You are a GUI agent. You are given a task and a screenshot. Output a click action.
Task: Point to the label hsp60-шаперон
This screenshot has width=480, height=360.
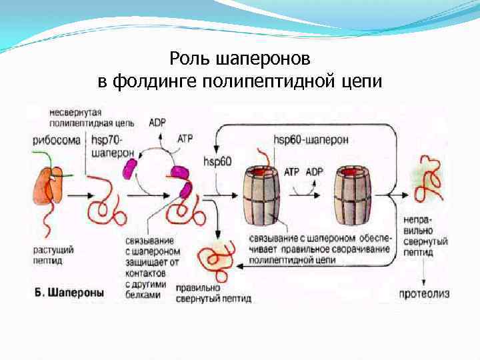click(x=310, y=140)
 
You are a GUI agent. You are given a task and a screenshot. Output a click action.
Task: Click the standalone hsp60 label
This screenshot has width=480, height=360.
click(x=217, y=161)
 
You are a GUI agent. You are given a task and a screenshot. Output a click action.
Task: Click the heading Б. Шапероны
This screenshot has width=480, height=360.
click(x=69, y=292)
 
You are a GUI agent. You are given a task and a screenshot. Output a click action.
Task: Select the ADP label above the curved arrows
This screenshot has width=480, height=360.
click(x=158, y=123)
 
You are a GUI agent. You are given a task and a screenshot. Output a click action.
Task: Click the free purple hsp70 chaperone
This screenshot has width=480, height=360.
click(x=128, y=167)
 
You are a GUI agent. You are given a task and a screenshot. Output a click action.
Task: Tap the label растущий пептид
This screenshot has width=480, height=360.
click(x=53, y=255)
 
